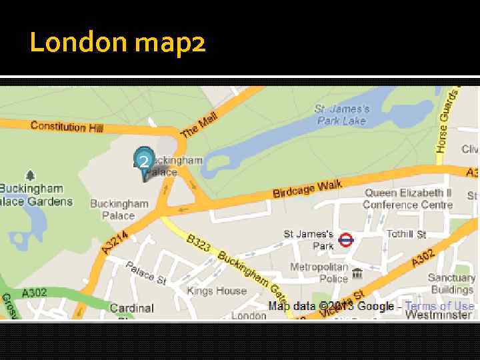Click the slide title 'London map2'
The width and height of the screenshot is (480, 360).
(x=117, y=43)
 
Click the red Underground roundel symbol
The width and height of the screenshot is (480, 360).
(x=345, y=239)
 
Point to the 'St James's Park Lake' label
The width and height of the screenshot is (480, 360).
(x=342, y=115)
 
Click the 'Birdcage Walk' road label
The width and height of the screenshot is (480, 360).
(x=307, y=189)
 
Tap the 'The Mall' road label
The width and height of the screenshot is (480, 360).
(x=199, y=125)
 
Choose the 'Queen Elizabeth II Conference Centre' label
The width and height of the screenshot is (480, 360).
(x=408, y=199)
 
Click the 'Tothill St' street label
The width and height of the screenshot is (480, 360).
(x=407, y=234)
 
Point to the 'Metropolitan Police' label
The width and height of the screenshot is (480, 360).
(x=319, y=273)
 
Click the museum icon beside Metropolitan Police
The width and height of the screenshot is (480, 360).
(x=357, y=273)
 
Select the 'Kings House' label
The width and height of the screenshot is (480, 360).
(x=217, y=291)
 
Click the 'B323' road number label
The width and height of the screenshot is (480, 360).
(x=199, y=243)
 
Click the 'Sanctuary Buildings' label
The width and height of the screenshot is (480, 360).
(x=451, y=283)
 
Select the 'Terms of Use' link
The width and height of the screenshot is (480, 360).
(x=439, y=306)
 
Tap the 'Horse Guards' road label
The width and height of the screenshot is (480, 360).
(x=448, y=120)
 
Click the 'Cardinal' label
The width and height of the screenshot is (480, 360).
(x=131, y=308)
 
